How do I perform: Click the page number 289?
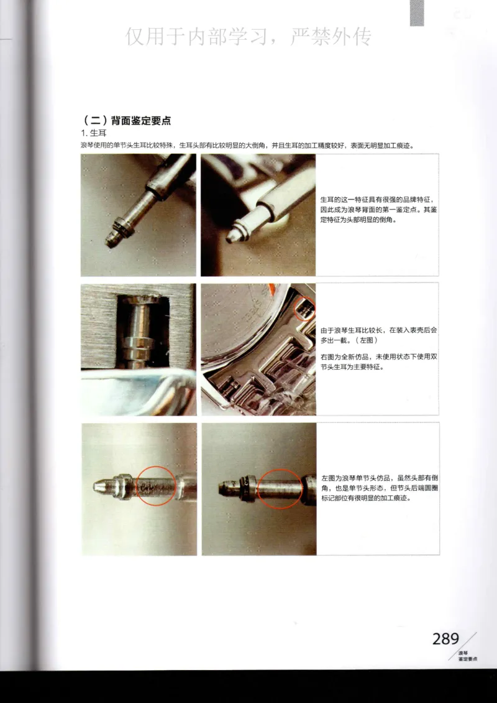[x=445, y=639]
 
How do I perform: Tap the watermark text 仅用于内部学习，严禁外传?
[x=248, y=37]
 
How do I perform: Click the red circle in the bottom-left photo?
[x=155, y=485]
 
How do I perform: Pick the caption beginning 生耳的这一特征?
[x=378, y=210]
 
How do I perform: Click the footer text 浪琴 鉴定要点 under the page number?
[x=467, y=655]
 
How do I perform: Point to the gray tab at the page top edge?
[x=416, y=12]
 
